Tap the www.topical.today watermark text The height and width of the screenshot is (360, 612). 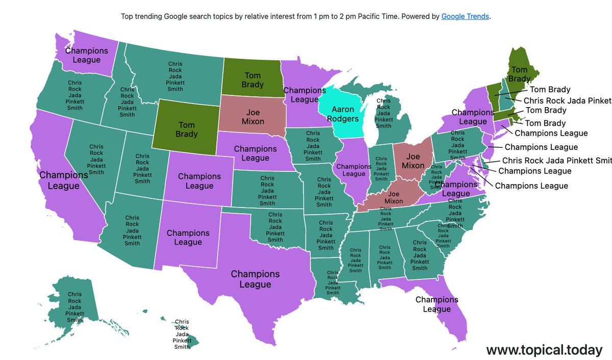pos(544,350)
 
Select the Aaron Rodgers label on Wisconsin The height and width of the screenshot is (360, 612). pos(346,114)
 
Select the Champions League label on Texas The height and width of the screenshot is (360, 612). pos(255,279)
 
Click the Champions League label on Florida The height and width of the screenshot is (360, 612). pos(437,304)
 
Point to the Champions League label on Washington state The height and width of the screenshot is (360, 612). pos(87,55)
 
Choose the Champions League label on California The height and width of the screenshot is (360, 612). pos(64,181)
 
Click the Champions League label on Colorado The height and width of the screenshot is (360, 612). pos(199,181)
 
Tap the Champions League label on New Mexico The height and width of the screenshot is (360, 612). pos(188,237)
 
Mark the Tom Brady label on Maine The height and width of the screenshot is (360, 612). pos(519,74)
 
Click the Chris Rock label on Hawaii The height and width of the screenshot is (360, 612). pos(182,334)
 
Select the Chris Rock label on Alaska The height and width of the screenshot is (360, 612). pos(74,307)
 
